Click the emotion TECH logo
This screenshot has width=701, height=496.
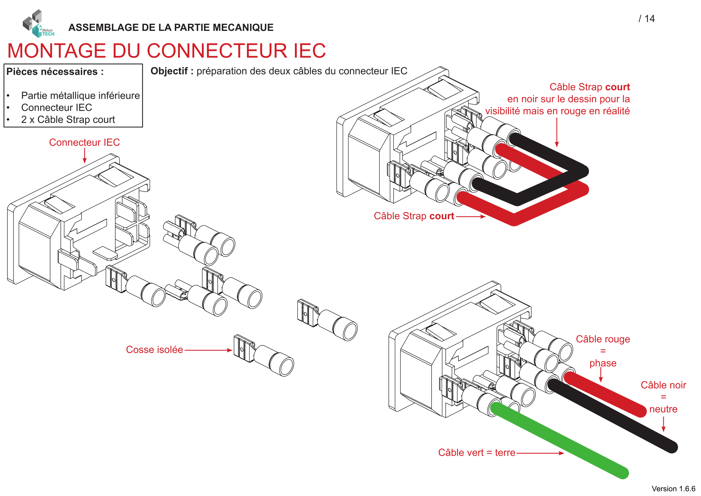point(38,24)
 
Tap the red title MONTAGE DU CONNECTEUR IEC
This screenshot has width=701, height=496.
point(166,51)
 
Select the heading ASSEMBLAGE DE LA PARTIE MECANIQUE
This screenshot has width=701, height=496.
point(171,28)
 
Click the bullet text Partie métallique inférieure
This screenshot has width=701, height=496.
point(80,96)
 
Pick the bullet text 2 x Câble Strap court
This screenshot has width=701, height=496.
point(68,120)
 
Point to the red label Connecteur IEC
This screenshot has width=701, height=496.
point(84,142)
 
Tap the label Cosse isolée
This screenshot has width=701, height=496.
point(154,350)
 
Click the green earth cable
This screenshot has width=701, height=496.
point(559,440)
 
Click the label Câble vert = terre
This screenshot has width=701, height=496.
point(476,453)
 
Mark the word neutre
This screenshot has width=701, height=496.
point(663,409)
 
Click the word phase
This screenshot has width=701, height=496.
point(603,363)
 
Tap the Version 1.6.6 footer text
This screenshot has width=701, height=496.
point(673,489)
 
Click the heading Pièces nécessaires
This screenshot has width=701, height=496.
point(55,72)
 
